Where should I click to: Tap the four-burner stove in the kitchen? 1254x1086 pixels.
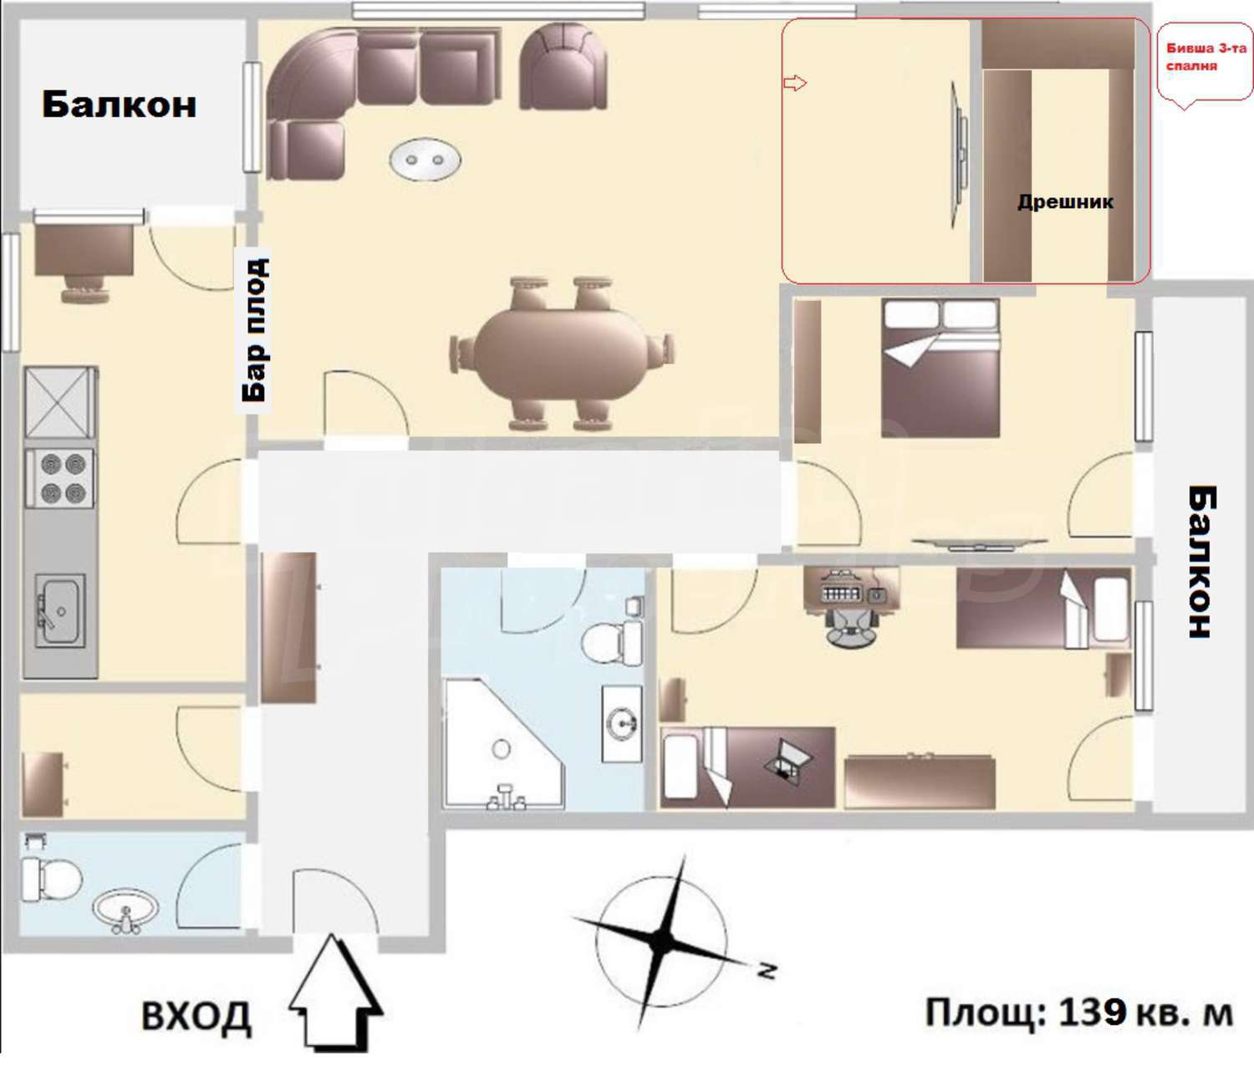(59, 478)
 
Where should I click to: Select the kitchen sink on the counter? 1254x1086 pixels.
(59, 609)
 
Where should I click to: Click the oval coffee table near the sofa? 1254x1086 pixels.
(425, 161)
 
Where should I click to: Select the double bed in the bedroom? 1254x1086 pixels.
(940, 368)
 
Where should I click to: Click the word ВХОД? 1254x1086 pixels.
(196, 1016)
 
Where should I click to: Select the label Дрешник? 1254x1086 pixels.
(1065, 201)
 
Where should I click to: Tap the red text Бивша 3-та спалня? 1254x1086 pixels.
(1206, 57)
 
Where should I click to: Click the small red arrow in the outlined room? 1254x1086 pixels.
(795, 83)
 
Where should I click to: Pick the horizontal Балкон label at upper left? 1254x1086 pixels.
(120, 105)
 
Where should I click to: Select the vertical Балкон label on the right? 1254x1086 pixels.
(1201, 561)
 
